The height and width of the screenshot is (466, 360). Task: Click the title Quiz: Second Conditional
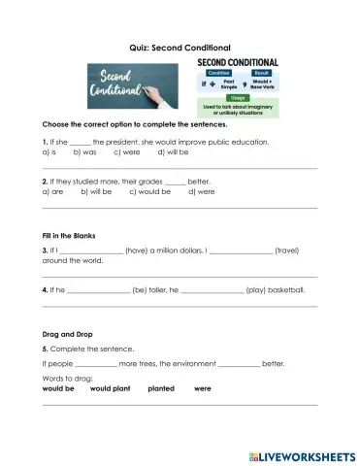coord(180,46)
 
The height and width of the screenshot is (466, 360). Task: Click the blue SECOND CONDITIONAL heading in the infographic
coord(238,61)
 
